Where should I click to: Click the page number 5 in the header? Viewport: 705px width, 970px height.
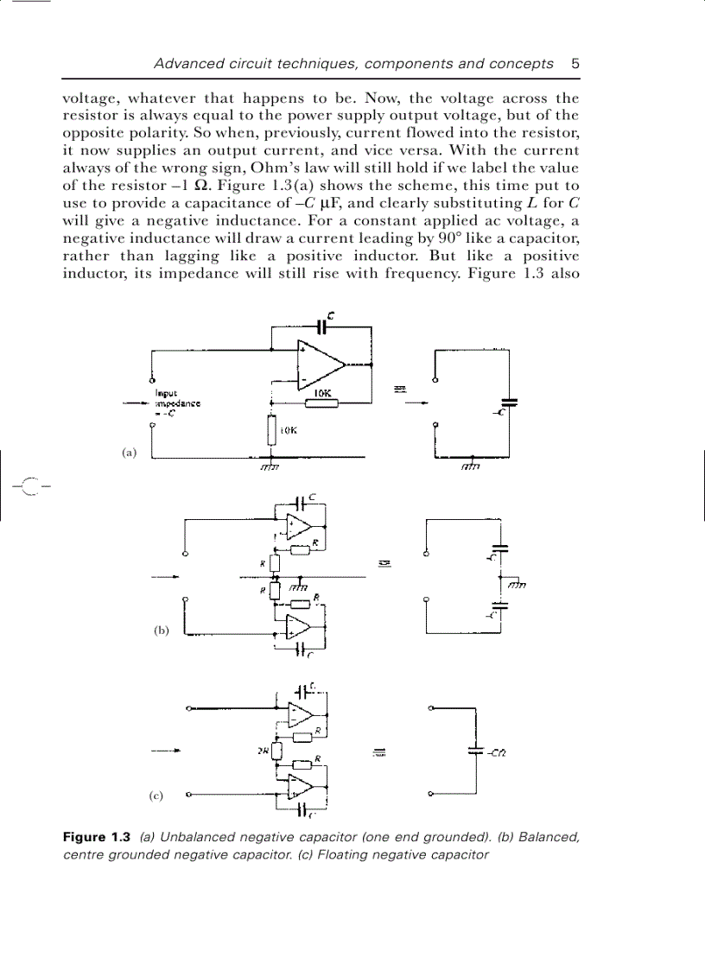click(x=575, y=63)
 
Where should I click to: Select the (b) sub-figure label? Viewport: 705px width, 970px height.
click(x=162, y=630)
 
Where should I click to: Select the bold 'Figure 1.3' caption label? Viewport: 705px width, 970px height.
click(x=96, y=837)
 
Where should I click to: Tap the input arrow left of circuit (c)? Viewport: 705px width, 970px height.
click(x=165, y=751)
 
